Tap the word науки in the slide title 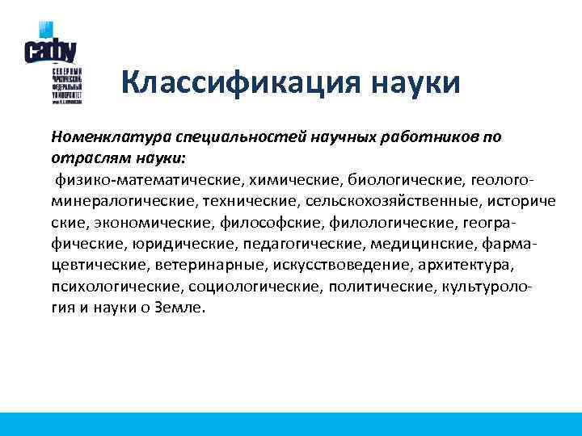tap(416, 82)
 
